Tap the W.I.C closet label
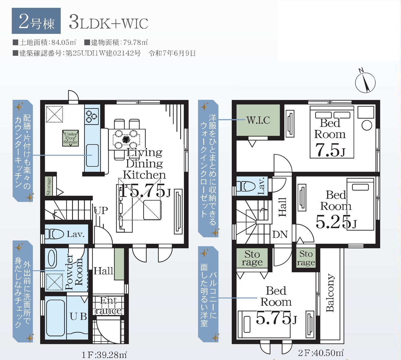258,120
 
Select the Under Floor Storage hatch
70,138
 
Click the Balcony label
330,293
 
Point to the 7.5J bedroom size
330,150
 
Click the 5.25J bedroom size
336,222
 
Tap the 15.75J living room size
145,190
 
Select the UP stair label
101,210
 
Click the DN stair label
280,235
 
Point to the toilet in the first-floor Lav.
54,234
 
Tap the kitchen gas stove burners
91,117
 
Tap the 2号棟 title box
36,21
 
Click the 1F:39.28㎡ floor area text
104,354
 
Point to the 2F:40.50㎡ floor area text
321,352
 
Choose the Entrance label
108,305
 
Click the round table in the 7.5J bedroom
367,125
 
